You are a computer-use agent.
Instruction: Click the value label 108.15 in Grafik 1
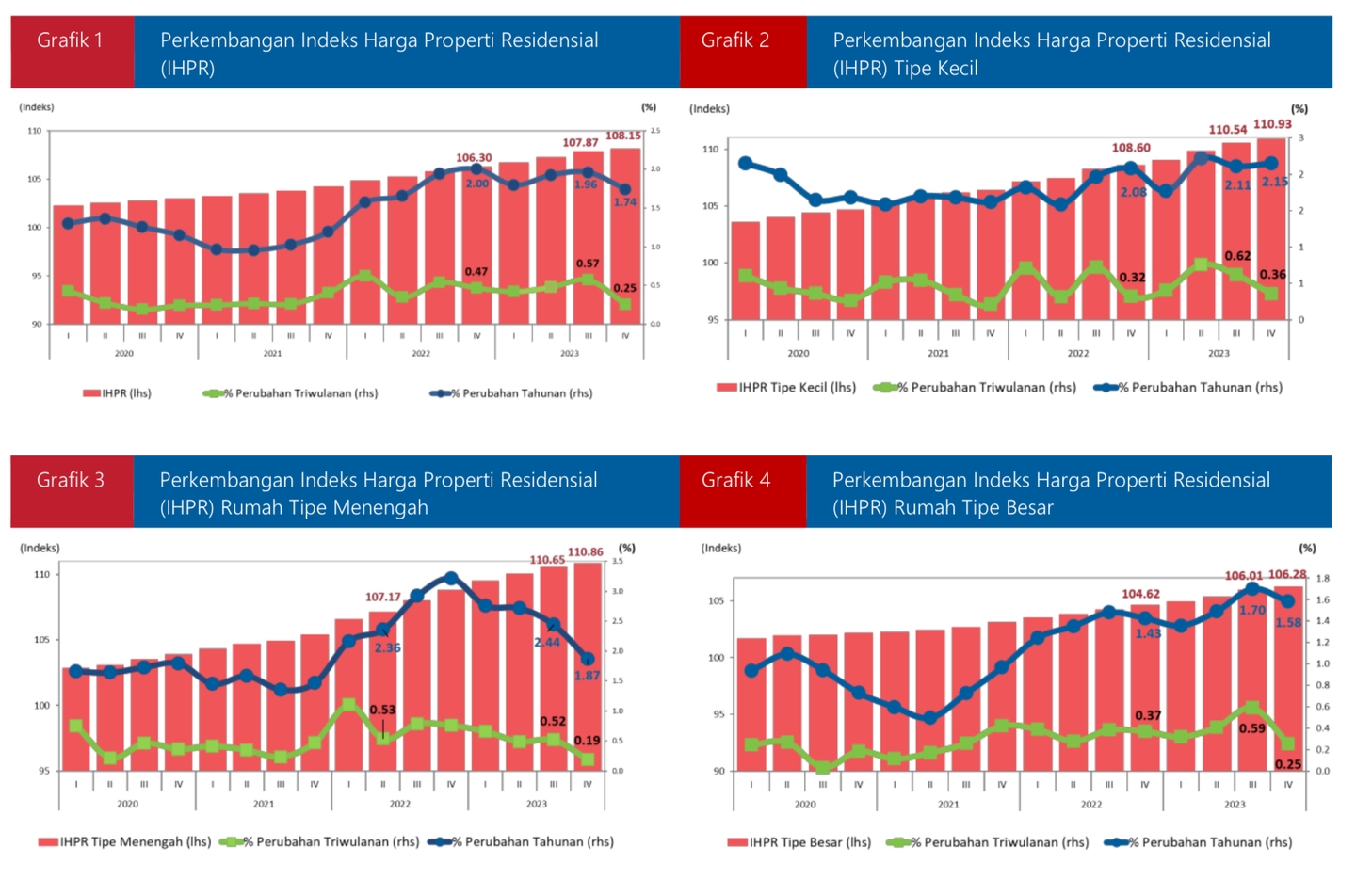[622, 136]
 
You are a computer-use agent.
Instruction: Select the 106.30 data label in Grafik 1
[474, 158]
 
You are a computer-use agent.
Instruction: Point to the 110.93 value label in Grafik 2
[1272, 124]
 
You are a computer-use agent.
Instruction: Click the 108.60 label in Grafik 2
[1131, 148]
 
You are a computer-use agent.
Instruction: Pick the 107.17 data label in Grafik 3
[383, 597]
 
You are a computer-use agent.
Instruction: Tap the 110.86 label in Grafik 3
[585, 552]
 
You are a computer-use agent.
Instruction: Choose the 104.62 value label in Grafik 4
[1140, 594]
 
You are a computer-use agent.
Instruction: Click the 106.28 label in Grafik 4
[1287, 574]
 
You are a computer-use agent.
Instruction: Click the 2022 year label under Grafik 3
[400, 804]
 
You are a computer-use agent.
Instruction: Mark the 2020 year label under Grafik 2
[799, 353]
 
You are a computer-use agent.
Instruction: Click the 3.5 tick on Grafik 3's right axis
[618, 561]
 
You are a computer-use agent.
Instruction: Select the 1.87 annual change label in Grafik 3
[588, 675]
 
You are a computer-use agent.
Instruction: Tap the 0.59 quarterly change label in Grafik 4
[1251, 728]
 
